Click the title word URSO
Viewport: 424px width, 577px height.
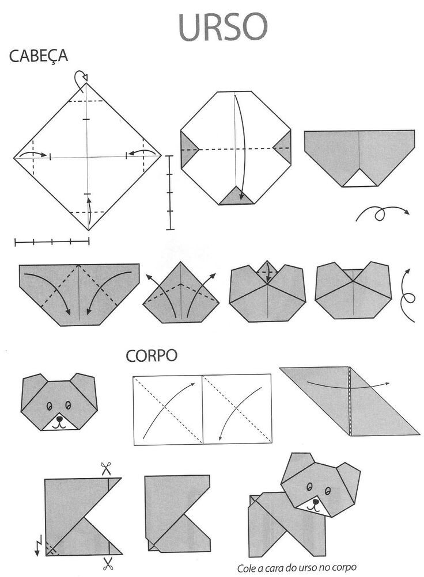point(222,27)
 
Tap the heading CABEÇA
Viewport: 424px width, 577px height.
point(39,56)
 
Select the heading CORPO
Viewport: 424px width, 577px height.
point(152,356)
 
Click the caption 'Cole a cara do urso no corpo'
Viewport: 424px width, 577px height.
point(297,568)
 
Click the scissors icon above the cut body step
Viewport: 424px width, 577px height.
point(106,469)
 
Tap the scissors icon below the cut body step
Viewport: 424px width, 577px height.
point(108,563)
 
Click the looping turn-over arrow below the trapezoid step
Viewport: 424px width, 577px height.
point(381,213)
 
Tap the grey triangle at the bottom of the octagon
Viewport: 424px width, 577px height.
point(237,196)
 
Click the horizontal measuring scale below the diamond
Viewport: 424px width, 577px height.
point(52,242)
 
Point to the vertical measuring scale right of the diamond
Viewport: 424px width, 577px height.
point(170,193)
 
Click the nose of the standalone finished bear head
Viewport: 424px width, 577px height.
point(59,419)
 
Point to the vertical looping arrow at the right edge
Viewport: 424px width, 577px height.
point(408,296)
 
